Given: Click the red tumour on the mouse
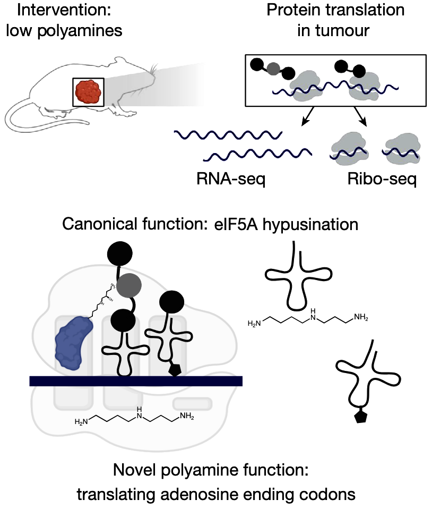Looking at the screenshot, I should click(x=88, y=92).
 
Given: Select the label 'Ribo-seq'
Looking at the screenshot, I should click(x=382, y=179).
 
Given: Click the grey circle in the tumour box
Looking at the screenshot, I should click(x=273, y=69).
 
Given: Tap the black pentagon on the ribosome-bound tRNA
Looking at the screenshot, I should click(x=175, y=370).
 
